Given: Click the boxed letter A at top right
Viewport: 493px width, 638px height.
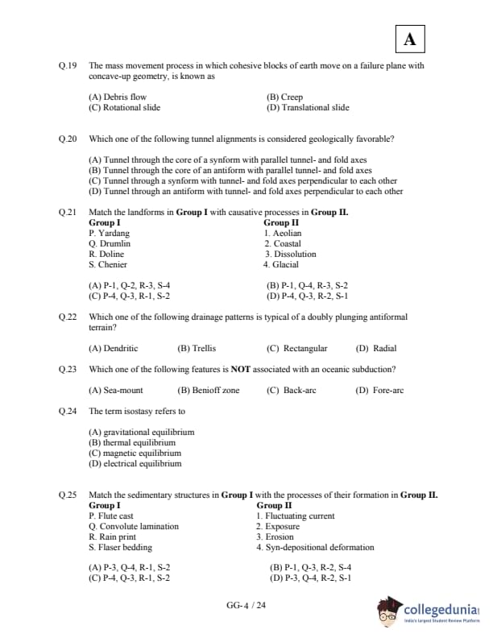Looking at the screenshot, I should (410, 39).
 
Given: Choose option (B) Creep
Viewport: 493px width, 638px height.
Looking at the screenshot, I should (284, 97).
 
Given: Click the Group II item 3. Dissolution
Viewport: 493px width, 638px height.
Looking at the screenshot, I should (290, 254).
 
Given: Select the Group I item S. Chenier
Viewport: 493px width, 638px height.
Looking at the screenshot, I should (108, 264).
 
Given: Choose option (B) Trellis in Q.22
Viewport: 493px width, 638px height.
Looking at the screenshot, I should (197, 349).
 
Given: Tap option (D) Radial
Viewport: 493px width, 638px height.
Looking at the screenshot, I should (375, 349).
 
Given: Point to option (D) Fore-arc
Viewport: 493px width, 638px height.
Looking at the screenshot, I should (379, 391).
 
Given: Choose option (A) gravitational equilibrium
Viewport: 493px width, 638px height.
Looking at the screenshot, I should (142, 433).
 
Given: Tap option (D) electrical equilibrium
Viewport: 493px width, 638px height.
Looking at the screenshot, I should (135, 464).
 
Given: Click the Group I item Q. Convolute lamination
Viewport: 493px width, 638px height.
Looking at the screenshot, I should (134, 527).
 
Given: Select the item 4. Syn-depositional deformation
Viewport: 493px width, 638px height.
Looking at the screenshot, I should (315, 548).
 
